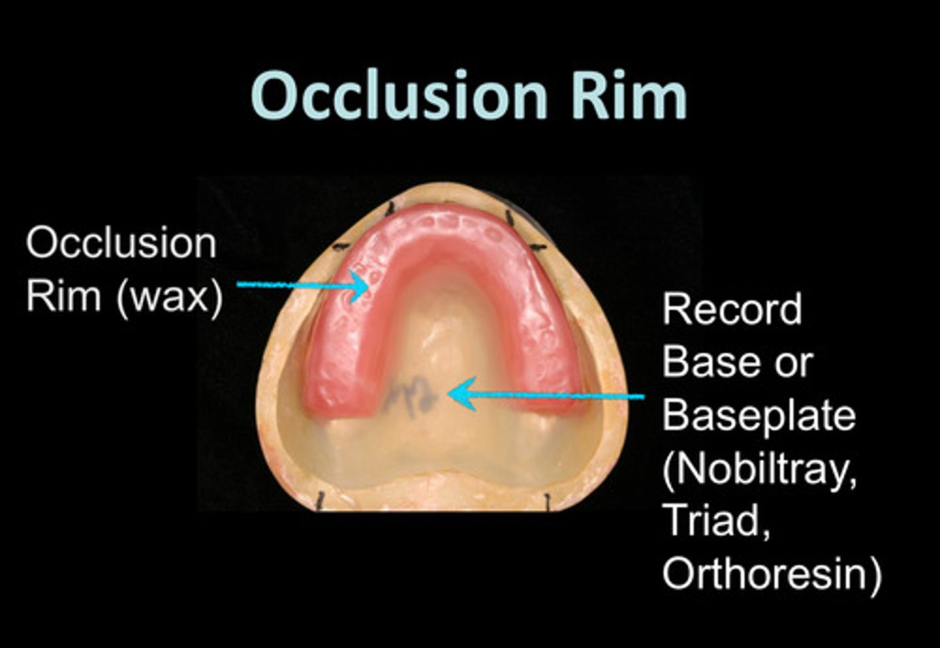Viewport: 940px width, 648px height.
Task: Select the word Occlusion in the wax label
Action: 121,243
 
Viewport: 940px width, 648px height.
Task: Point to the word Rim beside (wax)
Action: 63,297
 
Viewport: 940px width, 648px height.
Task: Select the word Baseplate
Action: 759,416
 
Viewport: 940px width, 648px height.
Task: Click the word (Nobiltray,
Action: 760,469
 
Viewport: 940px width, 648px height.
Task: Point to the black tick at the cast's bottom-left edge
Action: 320,501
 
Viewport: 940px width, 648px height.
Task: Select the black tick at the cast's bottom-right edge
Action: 548,501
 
